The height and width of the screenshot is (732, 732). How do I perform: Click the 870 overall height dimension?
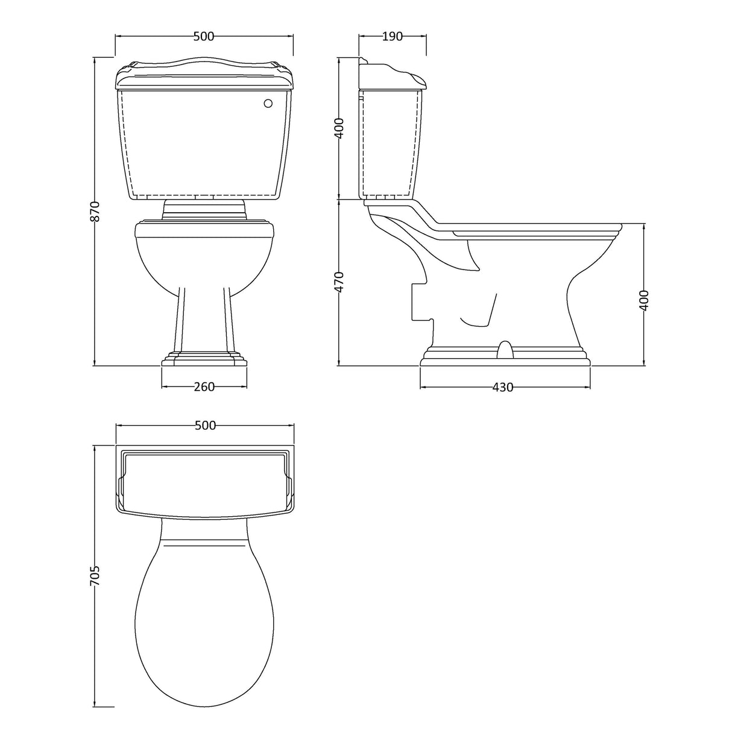point(93,211)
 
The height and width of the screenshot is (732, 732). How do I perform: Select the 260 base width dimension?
point(204,387)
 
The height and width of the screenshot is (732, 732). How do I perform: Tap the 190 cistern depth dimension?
point(392,36)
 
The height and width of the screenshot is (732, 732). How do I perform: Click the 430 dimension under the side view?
point(503,387)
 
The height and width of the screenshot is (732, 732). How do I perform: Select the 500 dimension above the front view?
point(204,36)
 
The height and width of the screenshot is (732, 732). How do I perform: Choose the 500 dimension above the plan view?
point(205,426)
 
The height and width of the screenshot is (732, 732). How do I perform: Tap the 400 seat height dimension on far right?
point(644,300)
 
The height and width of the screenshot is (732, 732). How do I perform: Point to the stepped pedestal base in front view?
point(204,359)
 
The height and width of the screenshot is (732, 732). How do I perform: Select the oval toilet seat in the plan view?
point(204,597)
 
